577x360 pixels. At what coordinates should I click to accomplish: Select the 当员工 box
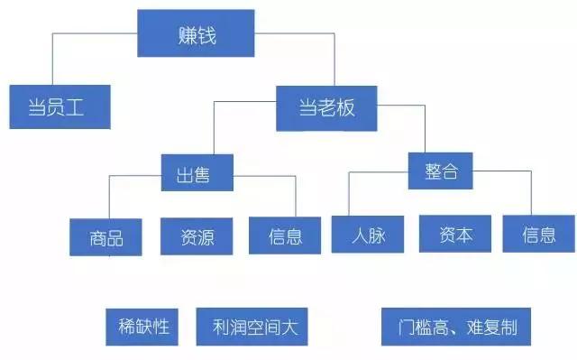tap(60, 107)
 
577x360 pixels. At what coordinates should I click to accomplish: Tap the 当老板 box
tap(326, 107)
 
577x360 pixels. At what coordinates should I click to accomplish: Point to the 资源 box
tap(197, 236)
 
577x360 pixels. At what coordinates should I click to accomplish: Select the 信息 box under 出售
tap(285, 236)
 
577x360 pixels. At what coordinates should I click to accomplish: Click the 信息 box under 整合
tap(539, 235)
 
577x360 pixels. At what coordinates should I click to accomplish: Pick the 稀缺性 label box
tap(144, 325)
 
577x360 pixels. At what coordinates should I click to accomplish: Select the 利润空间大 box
tap(252, 326)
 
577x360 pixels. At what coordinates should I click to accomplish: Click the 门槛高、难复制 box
tap(456, 326)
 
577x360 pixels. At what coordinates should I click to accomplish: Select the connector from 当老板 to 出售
tap(215, 126)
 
